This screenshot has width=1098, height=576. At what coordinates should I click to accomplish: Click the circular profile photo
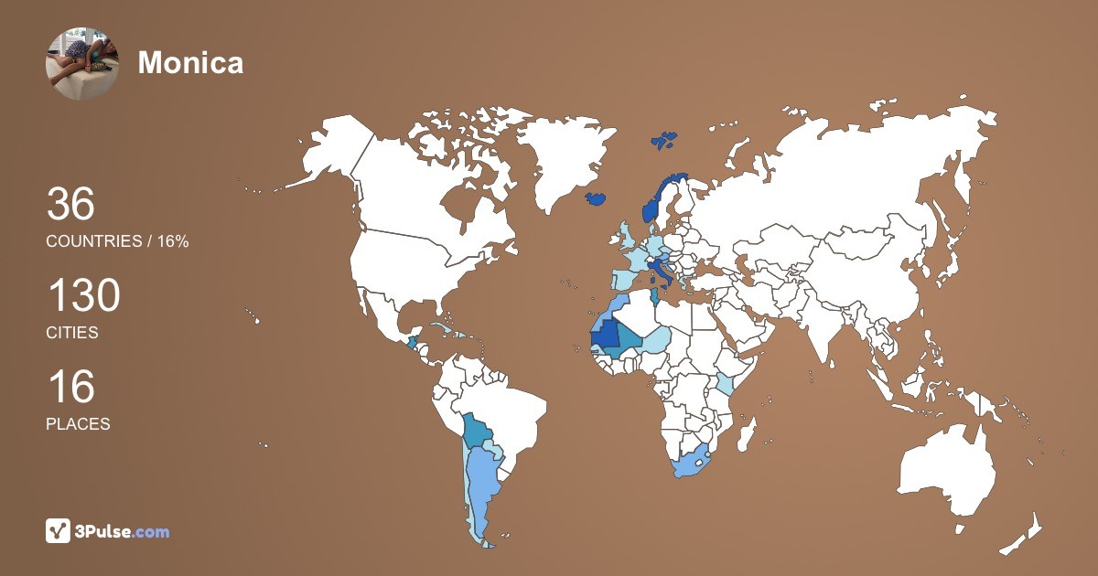(81, 63)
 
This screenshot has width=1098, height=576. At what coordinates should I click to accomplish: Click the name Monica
(190, 62)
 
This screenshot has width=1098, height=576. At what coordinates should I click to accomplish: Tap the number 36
(70, 204)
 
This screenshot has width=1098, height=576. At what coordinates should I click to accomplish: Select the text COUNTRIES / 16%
(117, 241)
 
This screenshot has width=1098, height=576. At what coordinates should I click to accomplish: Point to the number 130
(83, 297)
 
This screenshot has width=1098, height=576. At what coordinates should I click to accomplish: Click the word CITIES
(72, 333)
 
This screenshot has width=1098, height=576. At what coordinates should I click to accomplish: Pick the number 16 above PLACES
(70, 387)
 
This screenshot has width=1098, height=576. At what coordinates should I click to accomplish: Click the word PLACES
(78, 424)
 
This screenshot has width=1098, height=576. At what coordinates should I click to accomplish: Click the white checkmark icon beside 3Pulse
(59, 530)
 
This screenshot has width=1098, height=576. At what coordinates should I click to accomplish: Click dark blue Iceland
(597, 198)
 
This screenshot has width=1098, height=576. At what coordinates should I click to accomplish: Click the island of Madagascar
(748, 432)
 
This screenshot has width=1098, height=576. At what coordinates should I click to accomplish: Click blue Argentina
(479, 485)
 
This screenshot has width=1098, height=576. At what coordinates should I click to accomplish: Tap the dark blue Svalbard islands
(664, 141)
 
